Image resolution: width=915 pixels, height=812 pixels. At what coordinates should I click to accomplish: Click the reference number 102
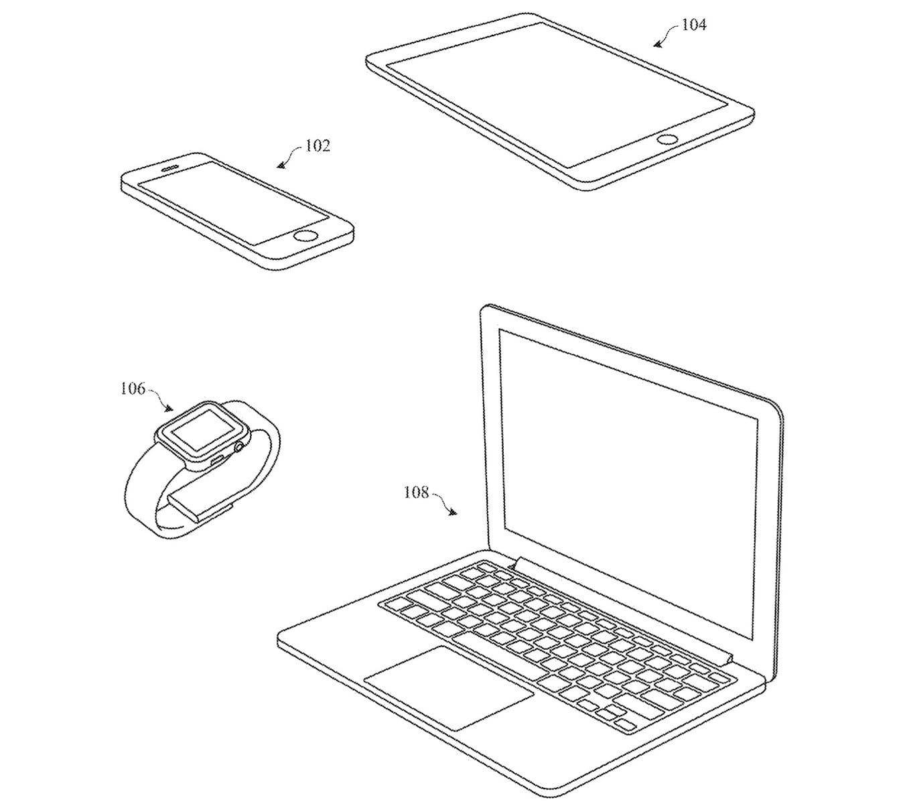coord(318,145)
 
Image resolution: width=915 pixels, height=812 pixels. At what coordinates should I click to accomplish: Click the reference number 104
coord(693,25)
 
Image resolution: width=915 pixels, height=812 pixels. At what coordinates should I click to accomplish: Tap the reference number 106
coord(133,389)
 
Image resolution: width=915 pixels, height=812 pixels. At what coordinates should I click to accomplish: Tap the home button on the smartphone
coord(306,235)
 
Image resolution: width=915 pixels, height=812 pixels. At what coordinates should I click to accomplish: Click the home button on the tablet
coord(667,139)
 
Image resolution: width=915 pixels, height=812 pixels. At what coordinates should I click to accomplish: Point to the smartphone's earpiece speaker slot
coord(173,162)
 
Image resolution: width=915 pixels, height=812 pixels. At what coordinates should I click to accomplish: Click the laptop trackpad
coord(449,687)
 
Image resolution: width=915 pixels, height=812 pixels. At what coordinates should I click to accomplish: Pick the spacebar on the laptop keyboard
coord(496,653)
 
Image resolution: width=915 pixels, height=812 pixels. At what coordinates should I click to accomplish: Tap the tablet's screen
coord(556,94)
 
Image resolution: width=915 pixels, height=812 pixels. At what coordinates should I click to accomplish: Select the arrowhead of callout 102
coord(280,165)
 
